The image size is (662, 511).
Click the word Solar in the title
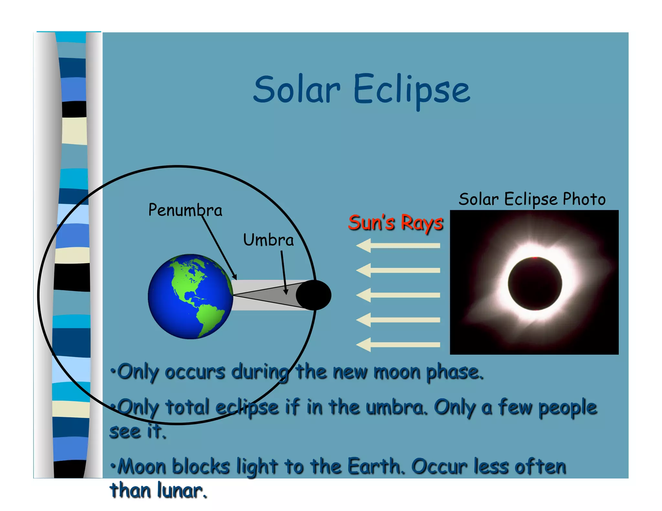pos(296,89)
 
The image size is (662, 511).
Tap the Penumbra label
pos(185,210)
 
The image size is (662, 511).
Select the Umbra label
pos(268,240)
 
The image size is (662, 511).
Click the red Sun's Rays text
pos(395,223)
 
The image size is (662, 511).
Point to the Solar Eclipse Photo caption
pos(532,199)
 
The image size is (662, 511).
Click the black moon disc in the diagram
pos(314,295)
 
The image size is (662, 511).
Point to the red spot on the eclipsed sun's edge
pos(535,258)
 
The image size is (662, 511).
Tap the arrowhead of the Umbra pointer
pos(286,292)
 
